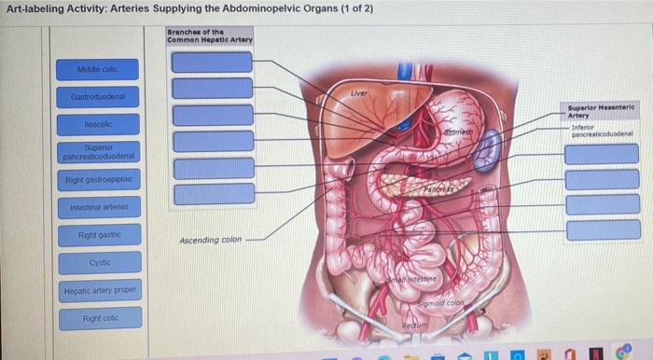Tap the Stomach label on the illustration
point(455,136)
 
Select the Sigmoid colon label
point(440,303)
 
